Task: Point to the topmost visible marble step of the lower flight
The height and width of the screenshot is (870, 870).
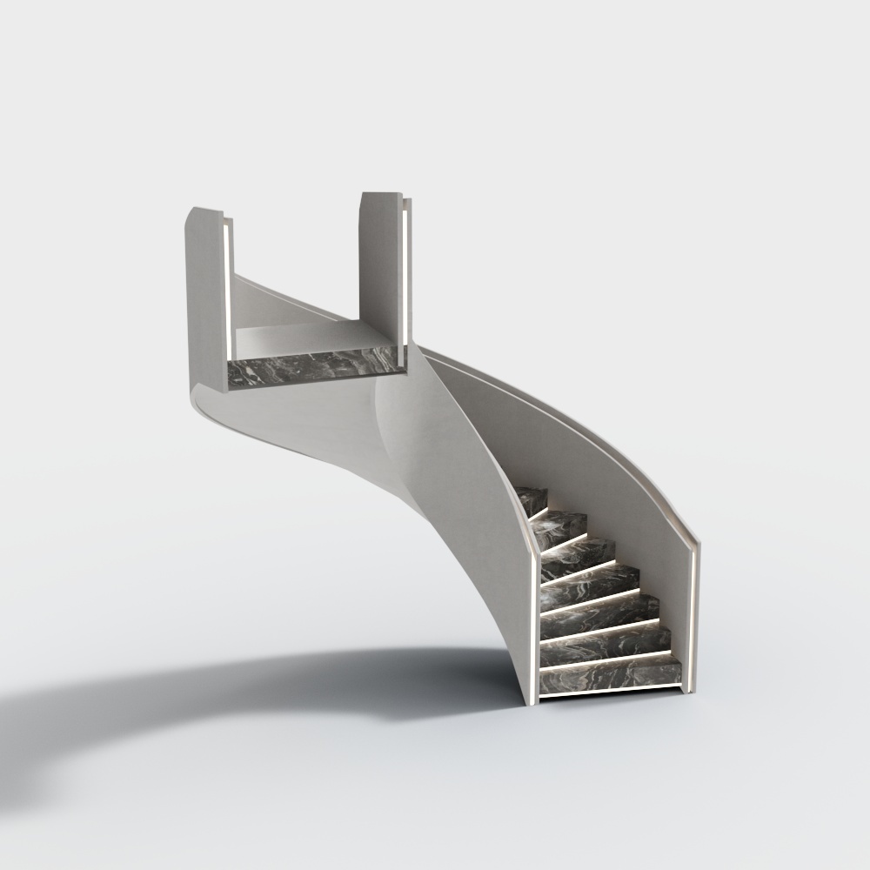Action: [x=532, y=499]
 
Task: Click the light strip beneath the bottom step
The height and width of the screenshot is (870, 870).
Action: [x=609, y=694]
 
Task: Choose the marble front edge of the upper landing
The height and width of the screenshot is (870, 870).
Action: [x=313, y=370]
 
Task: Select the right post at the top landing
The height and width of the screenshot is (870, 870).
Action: [x=379, y=270]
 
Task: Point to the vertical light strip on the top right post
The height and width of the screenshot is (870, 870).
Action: [x=406, y=270]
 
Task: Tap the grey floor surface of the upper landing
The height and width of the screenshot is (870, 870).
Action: [x=296, y=338]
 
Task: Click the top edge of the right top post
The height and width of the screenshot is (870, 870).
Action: [x=380, y=194]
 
